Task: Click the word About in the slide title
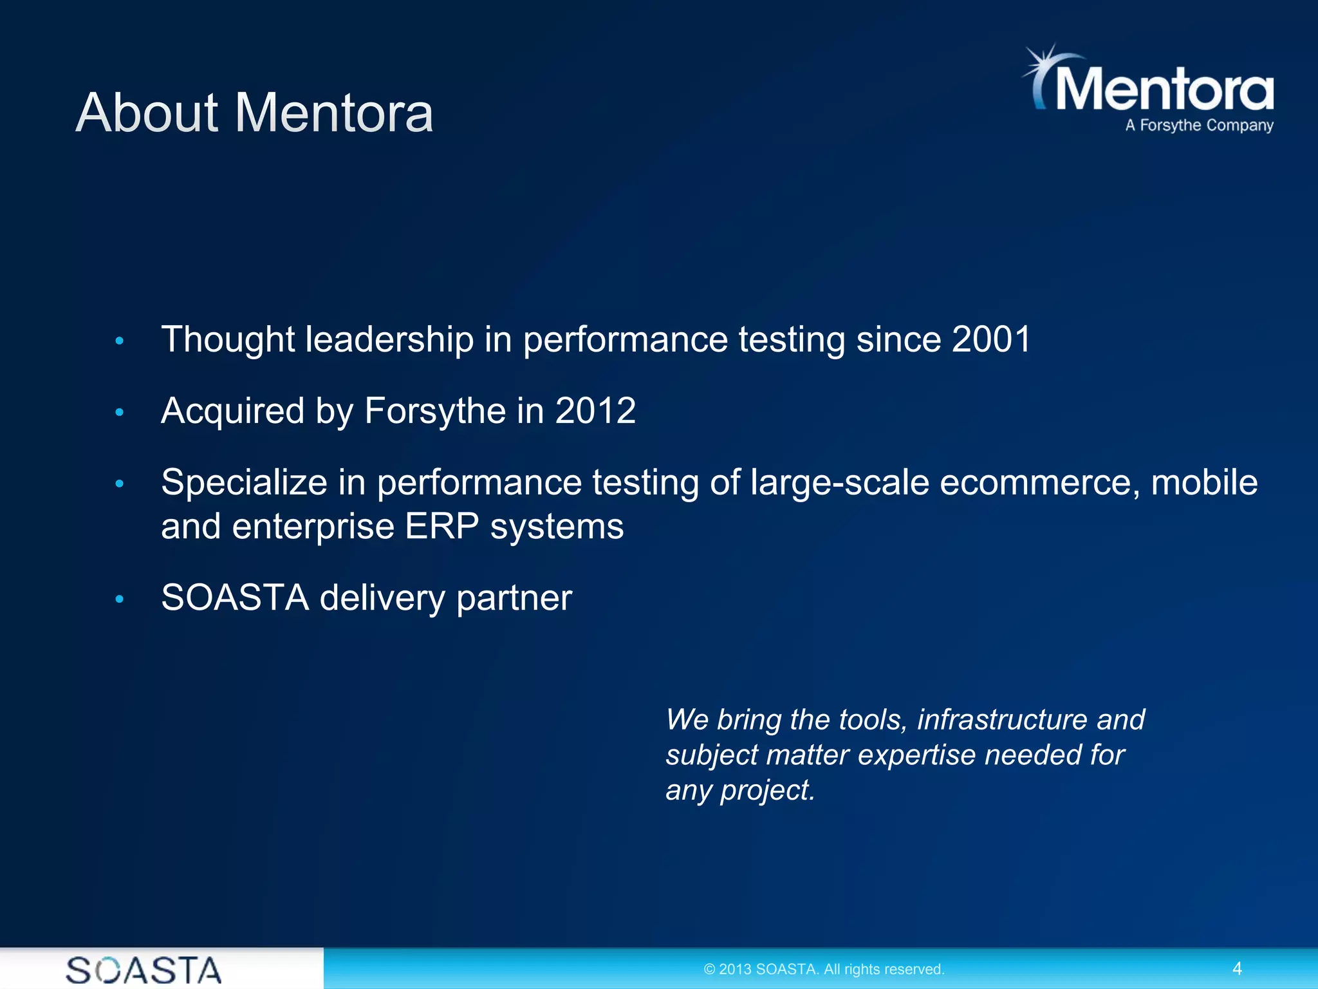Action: click(x=147, y=113)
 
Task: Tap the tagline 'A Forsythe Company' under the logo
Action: click(x=1199, y=125)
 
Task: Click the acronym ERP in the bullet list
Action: click(x=441, y=527)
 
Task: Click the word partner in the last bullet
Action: click(x=514, y=599)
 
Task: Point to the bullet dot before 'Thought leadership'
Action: click(x=119, y=341)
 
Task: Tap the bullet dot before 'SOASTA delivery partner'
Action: click(x=119, y=599)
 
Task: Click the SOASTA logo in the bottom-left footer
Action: click(x=144, y=970)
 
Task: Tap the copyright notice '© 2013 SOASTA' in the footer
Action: click(x=824, y=969)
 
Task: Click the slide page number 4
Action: click(x=1236, y=968)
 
